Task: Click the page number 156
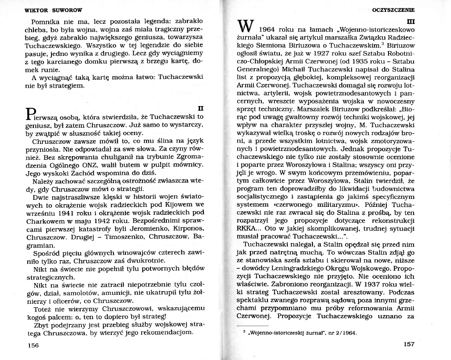tap(33, 345)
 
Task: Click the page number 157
tap(409, 344)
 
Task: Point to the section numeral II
tap(200, 108)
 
